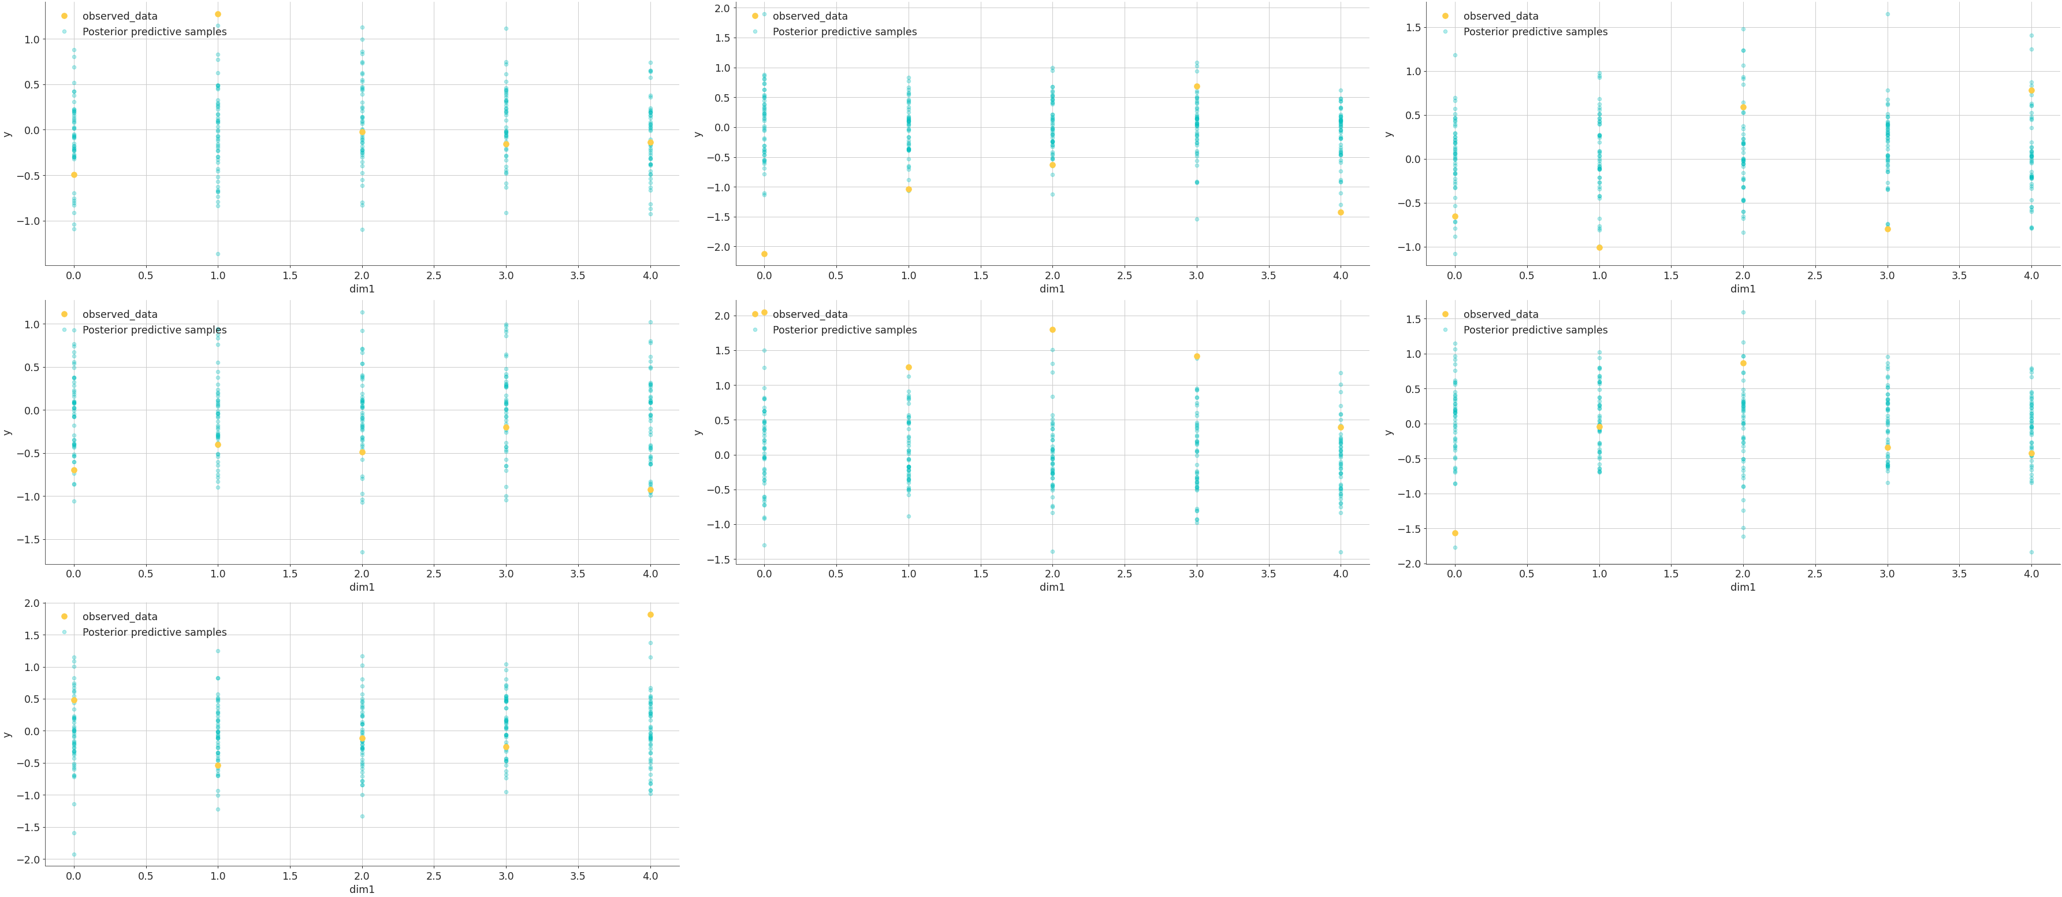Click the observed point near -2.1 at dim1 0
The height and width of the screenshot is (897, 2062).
[765, 254]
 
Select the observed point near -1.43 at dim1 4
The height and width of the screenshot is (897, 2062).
[1341, 212]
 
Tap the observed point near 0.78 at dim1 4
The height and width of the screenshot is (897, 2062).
[2031, 91]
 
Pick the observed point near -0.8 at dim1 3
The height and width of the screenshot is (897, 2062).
[1888, 229]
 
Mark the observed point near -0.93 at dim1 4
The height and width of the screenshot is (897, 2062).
[650, 490]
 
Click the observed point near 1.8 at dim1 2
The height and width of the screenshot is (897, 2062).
[1052, 330]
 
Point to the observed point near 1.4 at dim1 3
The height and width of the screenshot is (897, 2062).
[1197, 357]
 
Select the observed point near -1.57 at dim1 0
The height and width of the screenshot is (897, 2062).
[1456, 533]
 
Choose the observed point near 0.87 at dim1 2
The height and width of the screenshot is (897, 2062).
[1743, 363]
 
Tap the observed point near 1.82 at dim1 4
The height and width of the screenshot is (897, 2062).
[650, 614]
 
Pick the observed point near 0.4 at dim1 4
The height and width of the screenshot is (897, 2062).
[1341, 427]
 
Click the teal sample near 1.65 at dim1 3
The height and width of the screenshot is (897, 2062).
[1888, 14]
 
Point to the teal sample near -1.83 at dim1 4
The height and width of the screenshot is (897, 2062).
[2031, 552]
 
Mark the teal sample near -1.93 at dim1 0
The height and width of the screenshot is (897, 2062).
[74, 855]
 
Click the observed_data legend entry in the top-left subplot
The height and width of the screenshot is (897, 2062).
[119, 16]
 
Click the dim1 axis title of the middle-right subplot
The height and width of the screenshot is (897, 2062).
[1743, 587]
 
